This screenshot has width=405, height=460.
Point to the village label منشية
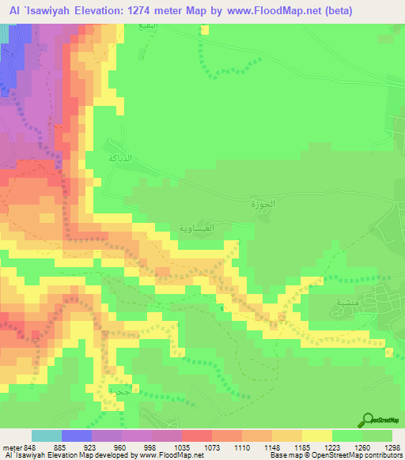click(x=325, y=301)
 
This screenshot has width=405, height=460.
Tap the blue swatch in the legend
click(x=76, y=435)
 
